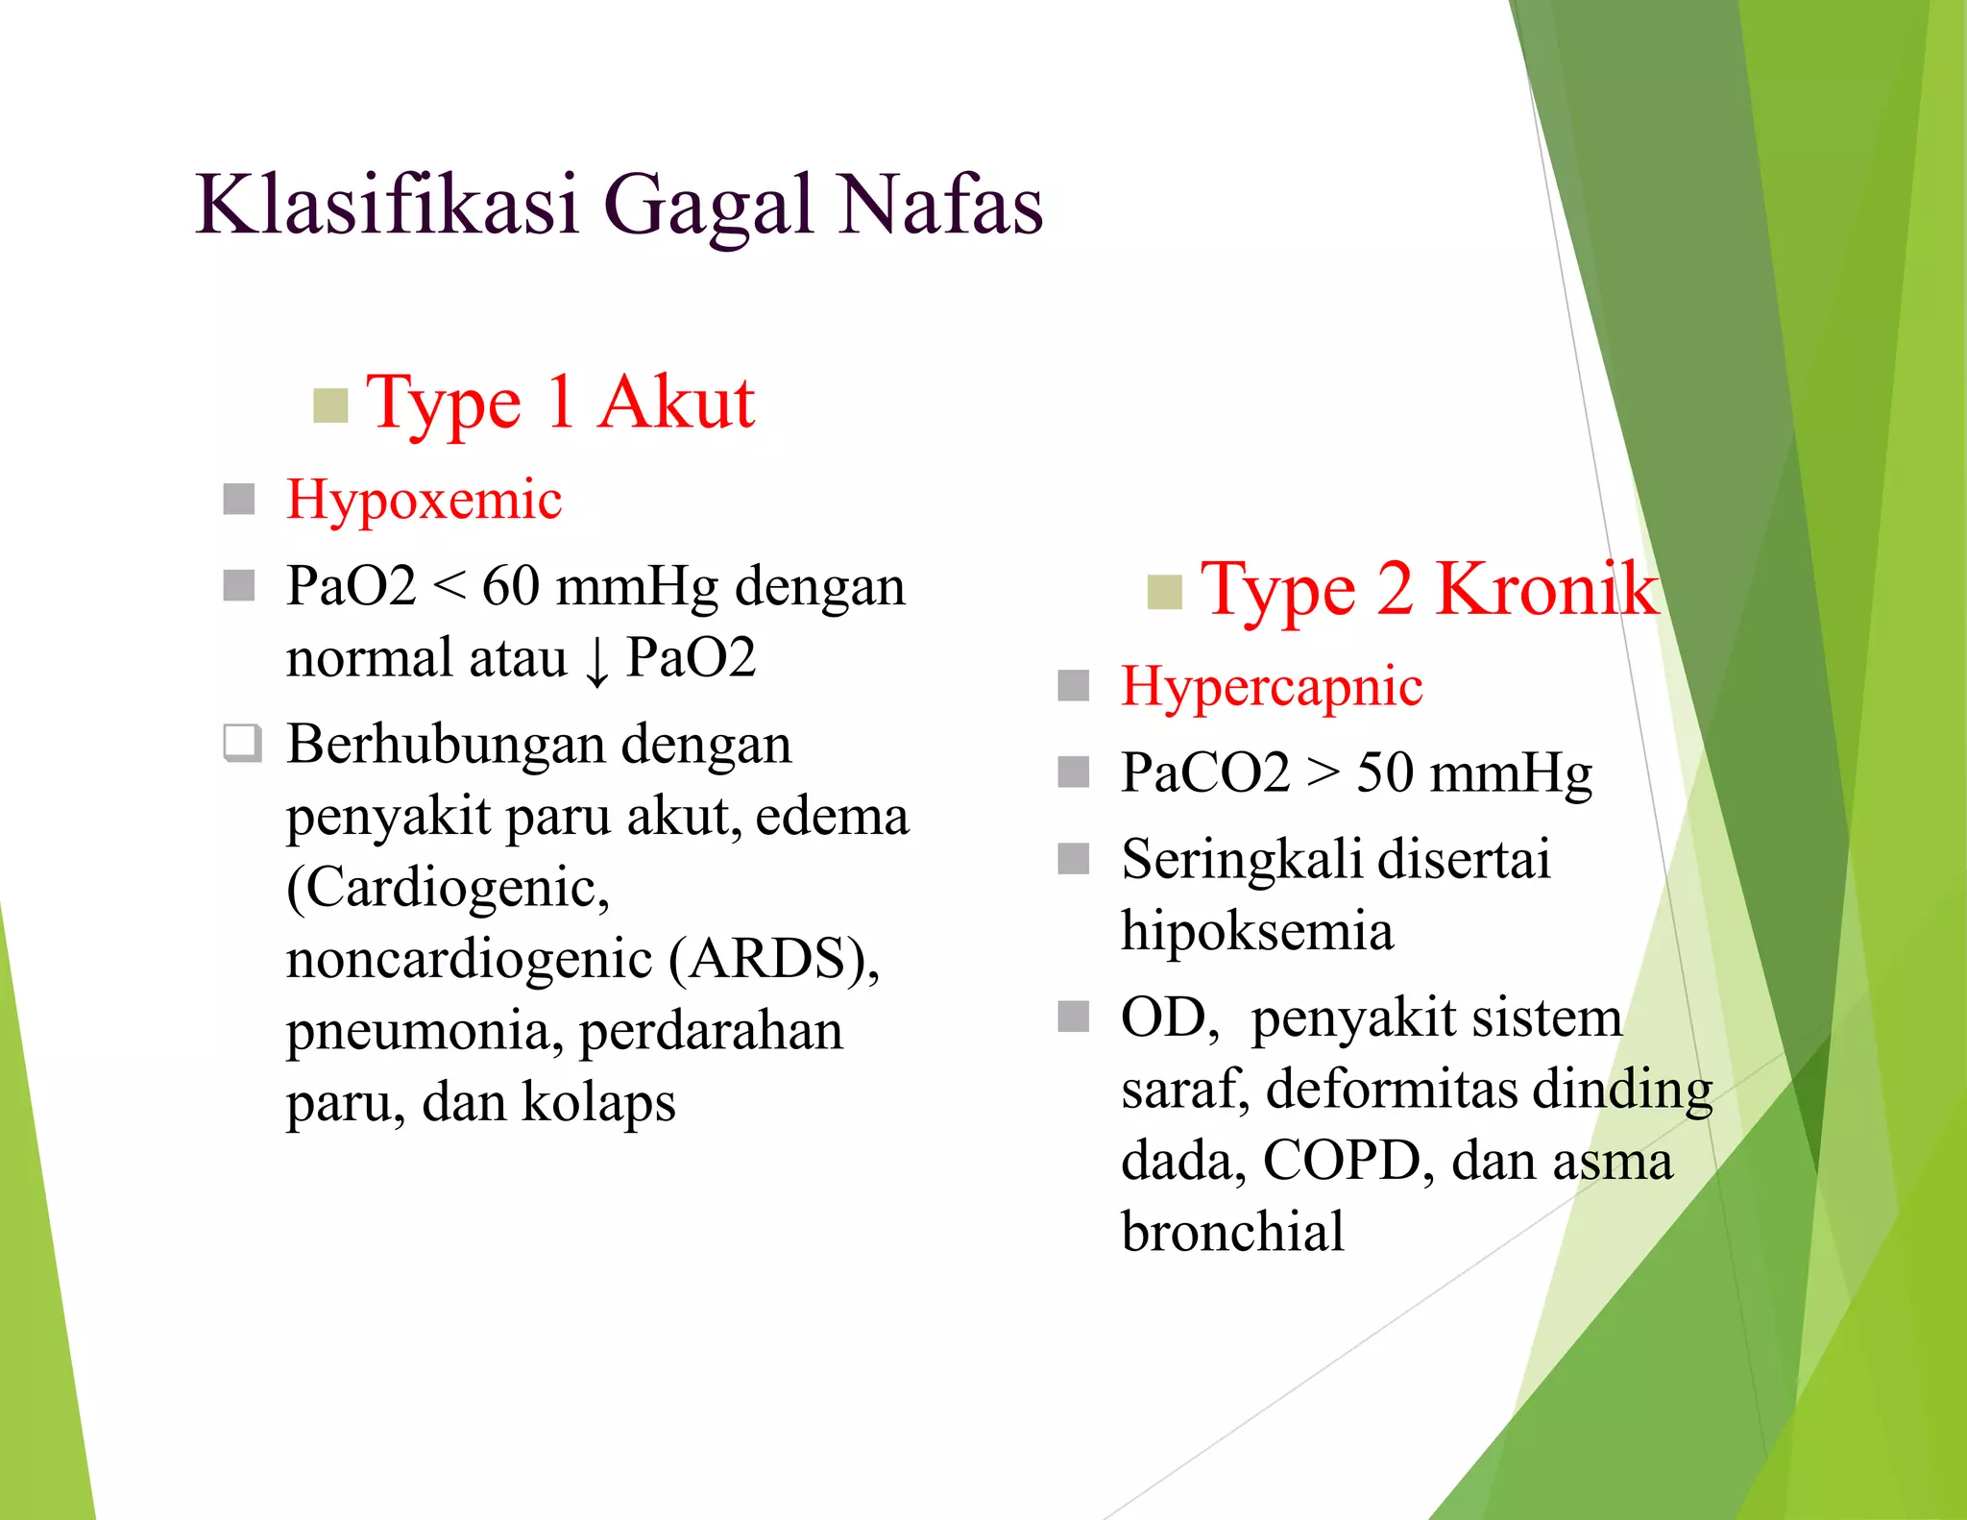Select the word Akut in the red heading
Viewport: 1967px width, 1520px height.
[x=676, y=403]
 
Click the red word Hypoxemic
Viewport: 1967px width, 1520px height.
[x=424, y=501]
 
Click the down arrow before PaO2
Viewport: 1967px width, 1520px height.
[x=596, y=661]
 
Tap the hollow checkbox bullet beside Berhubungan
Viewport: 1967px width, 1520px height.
[x=241, y=743]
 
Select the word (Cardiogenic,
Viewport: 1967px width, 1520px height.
[x=448, y=887]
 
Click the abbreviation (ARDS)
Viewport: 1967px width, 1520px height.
[x=774, y=959]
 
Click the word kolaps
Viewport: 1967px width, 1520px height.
[x=598, y=1102]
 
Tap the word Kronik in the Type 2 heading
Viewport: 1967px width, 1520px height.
[x=1546, y=589]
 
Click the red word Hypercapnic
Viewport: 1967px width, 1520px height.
[x=1272, y=687]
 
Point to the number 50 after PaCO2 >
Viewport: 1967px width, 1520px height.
[x=1384, y=772]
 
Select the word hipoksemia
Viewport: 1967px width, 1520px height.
[x=1257, y=931]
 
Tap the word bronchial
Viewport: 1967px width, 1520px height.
[x=1232, y=1232]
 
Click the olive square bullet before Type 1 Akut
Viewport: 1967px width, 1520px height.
[x=330, y=405]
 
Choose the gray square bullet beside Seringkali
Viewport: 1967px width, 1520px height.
[x=1073, y=858]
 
